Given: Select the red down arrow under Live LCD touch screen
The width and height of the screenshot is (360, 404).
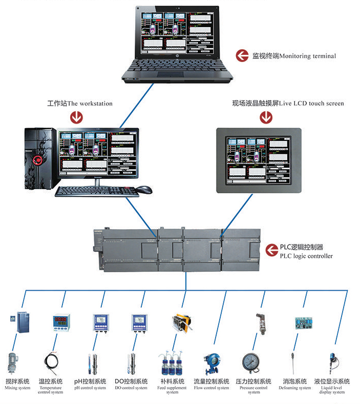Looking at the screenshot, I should tap(266, 117).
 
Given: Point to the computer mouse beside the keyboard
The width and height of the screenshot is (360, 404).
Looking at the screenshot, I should tap(144, 190).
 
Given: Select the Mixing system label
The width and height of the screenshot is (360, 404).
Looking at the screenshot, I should tap(17, 384).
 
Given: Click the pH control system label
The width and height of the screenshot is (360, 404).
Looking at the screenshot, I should tap(90, 384).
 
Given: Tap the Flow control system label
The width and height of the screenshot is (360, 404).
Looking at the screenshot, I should tap(211, 384).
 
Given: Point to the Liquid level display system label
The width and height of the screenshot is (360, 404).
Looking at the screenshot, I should tap(332, 387).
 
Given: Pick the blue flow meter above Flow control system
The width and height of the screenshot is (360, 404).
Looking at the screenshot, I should tap(211, 362).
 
